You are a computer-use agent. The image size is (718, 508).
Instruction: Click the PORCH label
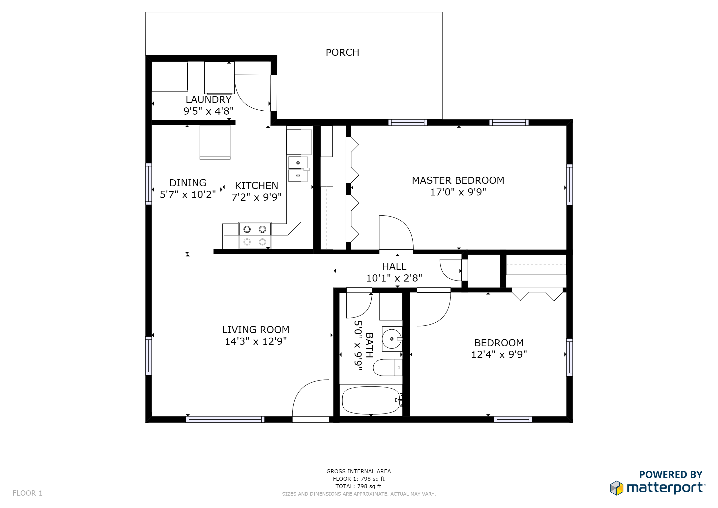(x=342, y=53)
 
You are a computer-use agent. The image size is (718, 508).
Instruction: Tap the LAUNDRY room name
(x=209, y=99)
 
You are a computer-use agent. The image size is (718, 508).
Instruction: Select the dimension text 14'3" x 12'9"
(x=256, y=341)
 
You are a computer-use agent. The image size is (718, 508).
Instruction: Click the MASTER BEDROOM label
(x=458, y=181)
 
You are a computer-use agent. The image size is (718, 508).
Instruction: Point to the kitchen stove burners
(x=255, y=236)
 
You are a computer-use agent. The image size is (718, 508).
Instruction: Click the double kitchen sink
(x=298, y=169)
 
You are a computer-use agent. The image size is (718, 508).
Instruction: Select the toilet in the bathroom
(x=388, y=368)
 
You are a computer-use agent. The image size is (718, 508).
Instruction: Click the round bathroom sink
(x=392, y=339)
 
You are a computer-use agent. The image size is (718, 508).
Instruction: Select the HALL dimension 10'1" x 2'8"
(x=394, y=278)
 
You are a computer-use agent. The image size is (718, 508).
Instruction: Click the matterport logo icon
(x=617, y=488)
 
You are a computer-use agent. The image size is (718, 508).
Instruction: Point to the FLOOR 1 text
(x=28, y=493)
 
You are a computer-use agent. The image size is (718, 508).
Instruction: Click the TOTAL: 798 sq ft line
(x=358, y=486)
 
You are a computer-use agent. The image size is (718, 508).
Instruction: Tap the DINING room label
(x=188, y=183)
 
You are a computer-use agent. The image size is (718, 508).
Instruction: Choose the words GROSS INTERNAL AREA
(x=359, y=471)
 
